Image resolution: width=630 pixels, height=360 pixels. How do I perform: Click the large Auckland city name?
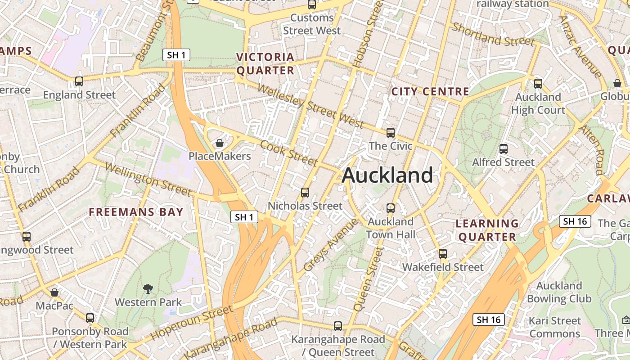387,175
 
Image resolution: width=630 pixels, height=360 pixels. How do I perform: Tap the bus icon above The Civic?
391,133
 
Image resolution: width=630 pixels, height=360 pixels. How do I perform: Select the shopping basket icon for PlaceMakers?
220,143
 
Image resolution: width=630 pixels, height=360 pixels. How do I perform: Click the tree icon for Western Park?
148,288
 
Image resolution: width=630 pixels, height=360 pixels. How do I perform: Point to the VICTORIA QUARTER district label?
265,64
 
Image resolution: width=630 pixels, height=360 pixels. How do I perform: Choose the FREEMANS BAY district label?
136,212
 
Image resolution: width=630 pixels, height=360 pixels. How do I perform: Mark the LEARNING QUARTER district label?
487,230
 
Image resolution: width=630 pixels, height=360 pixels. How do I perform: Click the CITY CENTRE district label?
430,92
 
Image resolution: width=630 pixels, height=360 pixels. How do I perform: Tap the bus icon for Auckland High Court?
538,83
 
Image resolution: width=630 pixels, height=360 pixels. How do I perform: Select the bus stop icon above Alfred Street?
504,148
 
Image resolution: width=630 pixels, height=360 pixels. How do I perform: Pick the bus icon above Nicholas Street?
305,193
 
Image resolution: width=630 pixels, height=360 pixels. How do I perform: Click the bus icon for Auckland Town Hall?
391,208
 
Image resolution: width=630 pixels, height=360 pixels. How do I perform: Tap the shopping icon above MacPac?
54,292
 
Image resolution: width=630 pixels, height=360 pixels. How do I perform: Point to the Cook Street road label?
289,153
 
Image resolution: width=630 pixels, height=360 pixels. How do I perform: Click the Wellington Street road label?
148,179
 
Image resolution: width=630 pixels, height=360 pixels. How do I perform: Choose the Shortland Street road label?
493,34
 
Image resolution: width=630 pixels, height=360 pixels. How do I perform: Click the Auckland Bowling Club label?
559,292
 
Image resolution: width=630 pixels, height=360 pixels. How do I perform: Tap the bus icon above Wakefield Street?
443,253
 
